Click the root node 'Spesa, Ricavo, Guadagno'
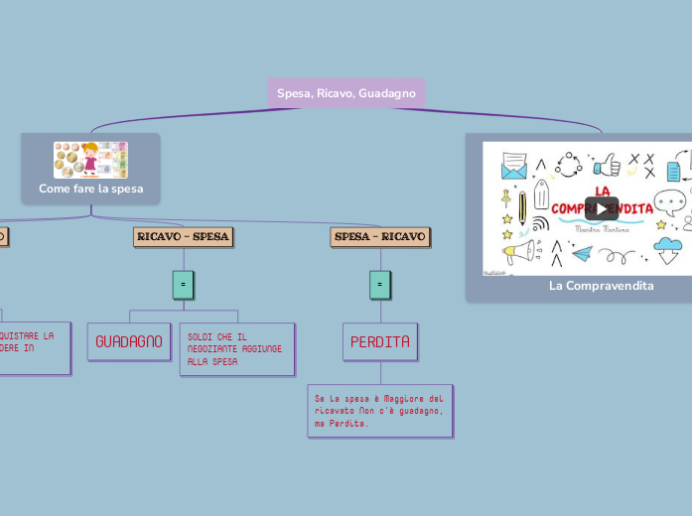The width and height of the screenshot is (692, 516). (346, 93)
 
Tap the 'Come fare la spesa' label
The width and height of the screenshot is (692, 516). (90, 189)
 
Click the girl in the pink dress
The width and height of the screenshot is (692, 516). (90, 158)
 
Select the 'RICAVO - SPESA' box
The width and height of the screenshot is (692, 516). (183, 237)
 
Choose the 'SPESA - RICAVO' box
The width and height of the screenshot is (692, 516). (380, 237)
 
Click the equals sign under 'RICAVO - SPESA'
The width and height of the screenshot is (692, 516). (183, 285)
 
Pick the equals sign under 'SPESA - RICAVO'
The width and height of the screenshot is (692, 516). (380, 285)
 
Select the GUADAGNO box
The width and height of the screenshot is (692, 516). (128, 341)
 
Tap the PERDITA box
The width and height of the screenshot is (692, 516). (380, 341)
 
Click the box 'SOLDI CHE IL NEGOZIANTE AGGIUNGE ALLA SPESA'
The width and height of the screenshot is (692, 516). (236, 349)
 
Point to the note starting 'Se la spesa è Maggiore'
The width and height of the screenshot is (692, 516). (379, 411)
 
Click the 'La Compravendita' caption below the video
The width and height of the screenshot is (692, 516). (602, 286)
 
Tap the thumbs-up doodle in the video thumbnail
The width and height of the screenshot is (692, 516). (607, 164)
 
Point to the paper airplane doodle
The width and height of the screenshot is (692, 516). (583, 253)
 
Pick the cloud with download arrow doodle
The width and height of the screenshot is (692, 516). (667, 249)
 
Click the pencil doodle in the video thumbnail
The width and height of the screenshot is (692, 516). (522, 206)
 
